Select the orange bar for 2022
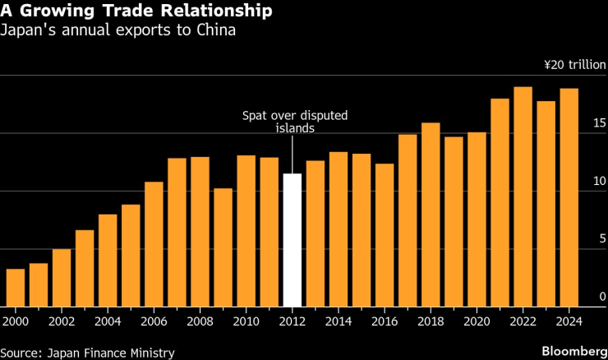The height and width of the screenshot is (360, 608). [x=523, y=196]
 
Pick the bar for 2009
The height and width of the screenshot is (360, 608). [x=223, y=247]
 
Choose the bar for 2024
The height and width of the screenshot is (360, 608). [x=569, y=197]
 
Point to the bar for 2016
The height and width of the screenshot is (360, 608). [x=385, y=235]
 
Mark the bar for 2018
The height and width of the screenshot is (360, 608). [x=431, y=215]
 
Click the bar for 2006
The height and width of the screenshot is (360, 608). [x=154, y=244]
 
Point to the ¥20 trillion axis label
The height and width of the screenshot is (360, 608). [x=574, y=65]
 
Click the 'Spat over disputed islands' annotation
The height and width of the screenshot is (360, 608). [x=293, y=122]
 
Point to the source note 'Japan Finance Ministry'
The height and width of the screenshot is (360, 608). [x=88, y=352]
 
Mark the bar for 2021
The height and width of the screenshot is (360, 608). [x=500, y=202]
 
